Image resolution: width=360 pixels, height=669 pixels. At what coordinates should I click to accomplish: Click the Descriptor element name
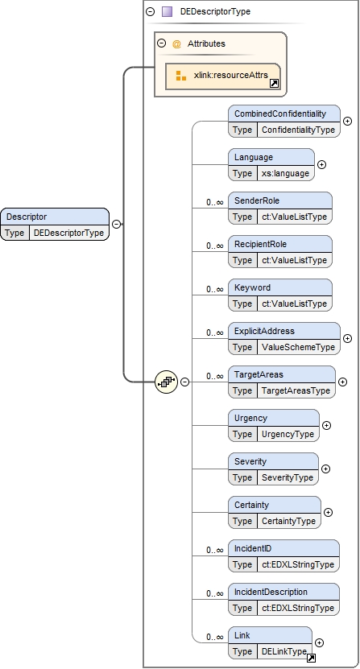tap(27, 217)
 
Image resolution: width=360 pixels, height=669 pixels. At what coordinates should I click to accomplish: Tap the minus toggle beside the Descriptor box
tap(116, 224)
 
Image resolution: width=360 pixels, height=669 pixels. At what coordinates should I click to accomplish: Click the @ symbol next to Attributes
tap(177, 43)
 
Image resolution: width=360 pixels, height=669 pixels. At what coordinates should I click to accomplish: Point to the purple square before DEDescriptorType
tap(167, 11)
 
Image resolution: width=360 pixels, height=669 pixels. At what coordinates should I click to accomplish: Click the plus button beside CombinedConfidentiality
tap(348, 122)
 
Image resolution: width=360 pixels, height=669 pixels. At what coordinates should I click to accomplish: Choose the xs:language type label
tap(285, 173)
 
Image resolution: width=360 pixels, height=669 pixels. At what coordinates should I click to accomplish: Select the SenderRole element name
tap(257, 200)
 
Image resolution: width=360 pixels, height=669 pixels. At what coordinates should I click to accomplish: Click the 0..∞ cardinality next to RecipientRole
tap(215, 246)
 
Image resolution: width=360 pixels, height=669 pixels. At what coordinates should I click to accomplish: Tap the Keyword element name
tap(252, 287)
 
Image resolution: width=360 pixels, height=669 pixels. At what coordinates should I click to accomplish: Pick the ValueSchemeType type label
tap(298, 347)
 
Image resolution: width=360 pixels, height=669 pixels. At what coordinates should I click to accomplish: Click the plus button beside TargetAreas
tap(342, 382)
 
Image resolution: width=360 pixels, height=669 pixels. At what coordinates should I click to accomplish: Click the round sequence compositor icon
tap(166, 382)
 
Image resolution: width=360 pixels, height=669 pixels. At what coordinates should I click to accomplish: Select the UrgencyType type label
tap(288, 434)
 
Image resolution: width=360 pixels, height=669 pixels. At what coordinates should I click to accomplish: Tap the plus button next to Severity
tap(325, 469)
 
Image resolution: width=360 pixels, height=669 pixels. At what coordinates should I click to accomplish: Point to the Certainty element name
tap(251, 505)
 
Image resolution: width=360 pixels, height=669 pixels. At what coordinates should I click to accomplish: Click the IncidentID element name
tap(253, 548)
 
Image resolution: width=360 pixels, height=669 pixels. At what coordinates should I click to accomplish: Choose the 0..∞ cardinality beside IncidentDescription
tap(215, 593)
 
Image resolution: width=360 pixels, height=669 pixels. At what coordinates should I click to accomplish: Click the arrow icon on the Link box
tap(312, 659)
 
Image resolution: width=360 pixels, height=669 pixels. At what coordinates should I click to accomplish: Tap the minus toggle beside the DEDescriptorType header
tap(151, 11)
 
